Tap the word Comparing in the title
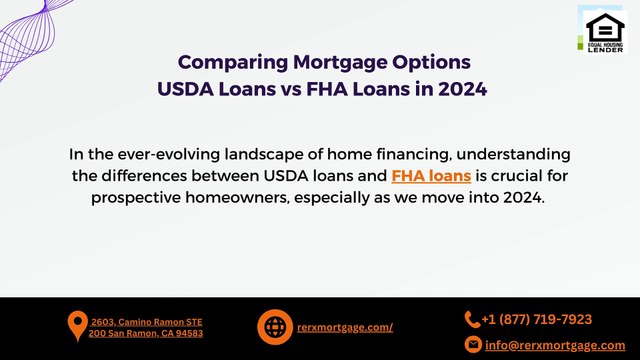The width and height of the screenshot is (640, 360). point(230,62)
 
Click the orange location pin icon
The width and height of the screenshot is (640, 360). point(76,327)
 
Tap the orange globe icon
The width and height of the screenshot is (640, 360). point(274,327)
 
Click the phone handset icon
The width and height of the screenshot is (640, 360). point(472,320)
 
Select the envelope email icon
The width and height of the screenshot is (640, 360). point(473,344)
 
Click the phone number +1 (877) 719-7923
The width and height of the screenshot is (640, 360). point(537,320)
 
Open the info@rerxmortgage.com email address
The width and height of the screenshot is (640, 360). point(555,344)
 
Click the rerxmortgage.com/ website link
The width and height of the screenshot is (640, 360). point(345,327)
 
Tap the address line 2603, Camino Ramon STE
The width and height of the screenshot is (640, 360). point(146,322)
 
